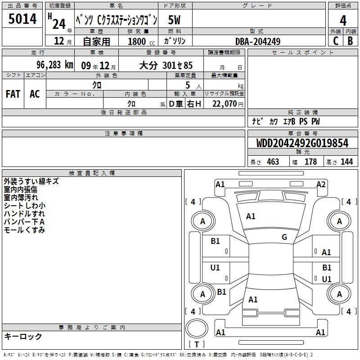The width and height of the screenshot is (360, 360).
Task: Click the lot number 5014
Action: coord(22,19)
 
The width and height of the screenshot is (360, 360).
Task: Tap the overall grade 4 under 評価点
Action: coord(343,21)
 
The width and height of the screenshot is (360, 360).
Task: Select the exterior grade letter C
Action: coord(336,41)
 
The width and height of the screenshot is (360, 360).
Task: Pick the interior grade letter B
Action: coord(350,41)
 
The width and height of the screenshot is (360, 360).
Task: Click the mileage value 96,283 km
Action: coord(55,65)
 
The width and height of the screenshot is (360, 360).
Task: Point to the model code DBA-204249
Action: coord(258,41)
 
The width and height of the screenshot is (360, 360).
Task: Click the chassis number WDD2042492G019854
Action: coord(302,143)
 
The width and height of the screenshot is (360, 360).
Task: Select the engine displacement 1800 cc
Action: coord(141,41)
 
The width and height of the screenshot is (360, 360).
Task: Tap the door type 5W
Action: coord(174,20)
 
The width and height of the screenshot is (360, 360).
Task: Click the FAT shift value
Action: coord(13,94)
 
